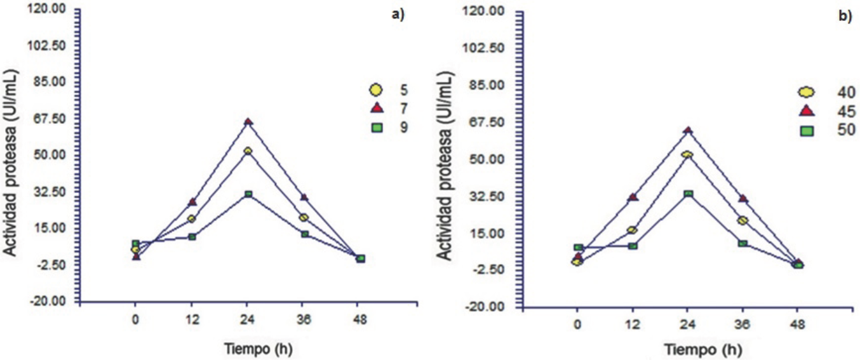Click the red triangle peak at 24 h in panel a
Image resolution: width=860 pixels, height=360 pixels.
tap(248, 121)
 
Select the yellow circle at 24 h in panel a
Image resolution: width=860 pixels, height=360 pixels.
tap(248, 151)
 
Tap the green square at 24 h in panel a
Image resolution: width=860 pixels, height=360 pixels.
tap(248, 194)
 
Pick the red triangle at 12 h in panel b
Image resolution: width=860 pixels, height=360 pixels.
tap(633, 197)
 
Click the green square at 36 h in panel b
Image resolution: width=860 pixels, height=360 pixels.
tap(742, 243)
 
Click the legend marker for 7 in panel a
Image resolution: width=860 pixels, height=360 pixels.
tap(375, 107)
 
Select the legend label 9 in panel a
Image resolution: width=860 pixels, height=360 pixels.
tap(403, 127)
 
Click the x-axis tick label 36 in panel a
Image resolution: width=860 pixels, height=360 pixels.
tap(304, 322)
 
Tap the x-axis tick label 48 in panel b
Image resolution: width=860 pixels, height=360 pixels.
tap(798, 325)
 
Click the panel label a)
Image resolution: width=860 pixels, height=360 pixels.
tap(398, 15)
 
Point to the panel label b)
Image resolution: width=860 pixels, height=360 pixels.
tap(845, 17)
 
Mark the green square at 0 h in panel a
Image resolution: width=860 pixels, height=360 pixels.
tap(135, 244)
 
